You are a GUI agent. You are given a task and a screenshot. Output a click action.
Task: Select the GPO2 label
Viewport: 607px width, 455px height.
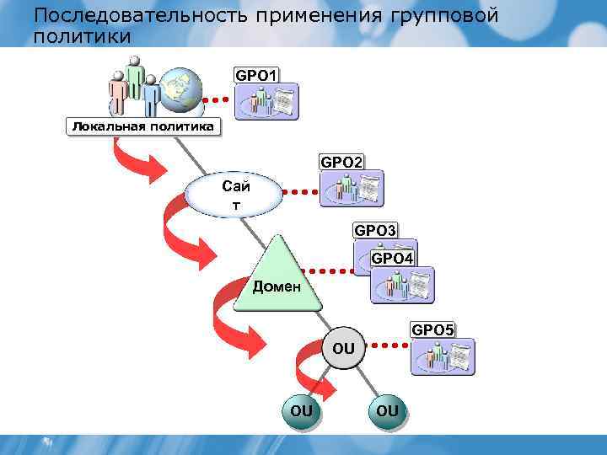pyautogui.click(x=341, y=161)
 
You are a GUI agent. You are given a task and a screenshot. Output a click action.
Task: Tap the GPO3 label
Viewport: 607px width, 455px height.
pyautogui.click(x=375, y=229)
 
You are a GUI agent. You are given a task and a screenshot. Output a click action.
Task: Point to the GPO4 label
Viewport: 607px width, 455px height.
pyautogui.click(x=392, y=258)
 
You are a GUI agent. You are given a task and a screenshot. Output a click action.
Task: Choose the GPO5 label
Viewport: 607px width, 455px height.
pyautogui.click(x=432, y=329)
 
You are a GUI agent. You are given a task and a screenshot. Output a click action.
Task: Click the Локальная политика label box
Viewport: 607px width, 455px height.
pyautogui.click(x=142, y=126)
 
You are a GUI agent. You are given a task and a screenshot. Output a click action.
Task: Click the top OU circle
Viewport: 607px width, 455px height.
pyautogui.click(x=343, y=347)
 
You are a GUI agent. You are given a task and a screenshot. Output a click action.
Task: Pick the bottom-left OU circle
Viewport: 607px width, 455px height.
pyautogui.click(x=301, y=410)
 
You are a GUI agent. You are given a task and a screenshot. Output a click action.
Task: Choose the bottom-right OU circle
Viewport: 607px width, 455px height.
pyautogui.click(x=387, y=410)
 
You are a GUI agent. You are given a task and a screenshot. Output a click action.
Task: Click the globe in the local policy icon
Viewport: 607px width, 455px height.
pyautogui.click(x=181, y=87)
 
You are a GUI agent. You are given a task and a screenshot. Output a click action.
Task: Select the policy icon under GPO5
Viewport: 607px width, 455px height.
pyautogui.click(x=443, y=356)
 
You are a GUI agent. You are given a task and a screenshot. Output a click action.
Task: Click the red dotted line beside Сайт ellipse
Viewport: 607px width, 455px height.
pyautogui.click(x=296, y=190)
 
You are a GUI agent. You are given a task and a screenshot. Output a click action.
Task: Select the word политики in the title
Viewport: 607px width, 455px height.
pyautogui.click(x=83, y=36)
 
